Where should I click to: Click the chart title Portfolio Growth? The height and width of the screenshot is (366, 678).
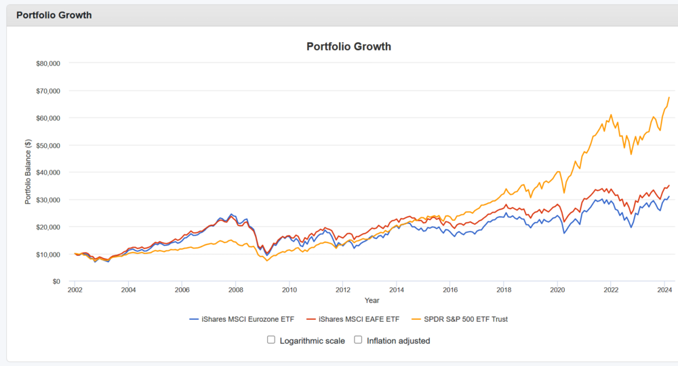pos(348,47)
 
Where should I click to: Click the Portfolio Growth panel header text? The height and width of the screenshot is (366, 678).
pos(54,15)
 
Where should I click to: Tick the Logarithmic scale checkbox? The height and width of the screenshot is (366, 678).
pos(271,340)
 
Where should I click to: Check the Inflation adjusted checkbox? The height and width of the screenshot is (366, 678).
pos(358,340)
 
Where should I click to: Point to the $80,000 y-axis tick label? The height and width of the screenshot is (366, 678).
pos(47,63)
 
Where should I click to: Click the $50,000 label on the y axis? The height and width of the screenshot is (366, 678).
pos(47,145)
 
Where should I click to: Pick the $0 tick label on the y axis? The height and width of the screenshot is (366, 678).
pos(56,281)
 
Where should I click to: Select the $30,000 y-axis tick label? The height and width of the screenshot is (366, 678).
pos(47,200)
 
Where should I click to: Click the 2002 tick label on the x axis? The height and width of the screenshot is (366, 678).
pos(75,289)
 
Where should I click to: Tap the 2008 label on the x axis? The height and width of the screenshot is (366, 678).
pos(235,289)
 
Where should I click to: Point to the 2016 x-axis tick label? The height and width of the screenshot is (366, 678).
pos(450,289)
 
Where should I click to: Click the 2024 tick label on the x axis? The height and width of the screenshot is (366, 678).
pos(664,289)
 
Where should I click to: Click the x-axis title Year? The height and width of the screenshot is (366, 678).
pos(372,299)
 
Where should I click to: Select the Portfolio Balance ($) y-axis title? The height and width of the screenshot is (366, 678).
pos(28,172)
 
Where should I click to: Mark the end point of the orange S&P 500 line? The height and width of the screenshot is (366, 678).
pos(669,97)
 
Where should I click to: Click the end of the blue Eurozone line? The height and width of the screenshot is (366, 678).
pos(669,196)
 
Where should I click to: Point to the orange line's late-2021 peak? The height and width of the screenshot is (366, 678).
pos(611,115)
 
